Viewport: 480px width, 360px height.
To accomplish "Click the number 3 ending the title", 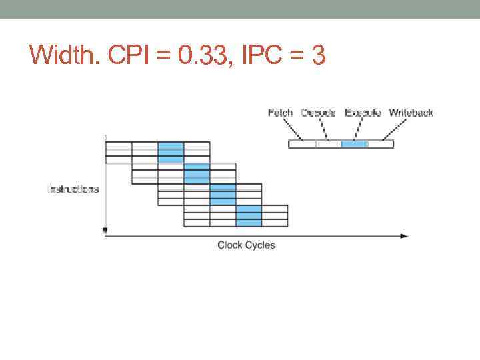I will click(x=318, y=55).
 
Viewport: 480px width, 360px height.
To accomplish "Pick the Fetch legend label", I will click(x=280, y=113).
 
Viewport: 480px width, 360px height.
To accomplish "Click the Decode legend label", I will click(x=319, y=113).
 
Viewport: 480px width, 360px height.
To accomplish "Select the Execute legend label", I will click(x=363, y=113).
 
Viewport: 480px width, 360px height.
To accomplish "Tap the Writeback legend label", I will click(x=411, y=113).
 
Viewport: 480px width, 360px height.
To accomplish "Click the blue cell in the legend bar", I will click(x=354, y=144).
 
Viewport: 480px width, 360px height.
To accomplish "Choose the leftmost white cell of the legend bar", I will click(x=301, y=144).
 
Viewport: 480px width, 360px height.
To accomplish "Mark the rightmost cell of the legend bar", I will click(x=380, y=144).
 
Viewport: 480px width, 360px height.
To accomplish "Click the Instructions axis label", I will click(x=73, y=189).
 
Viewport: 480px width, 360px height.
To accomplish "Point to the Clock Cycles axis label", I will click(x=246, y=245).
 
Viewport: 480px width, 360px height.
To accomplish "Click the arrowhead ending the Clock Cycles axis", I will click(x=403, y=235).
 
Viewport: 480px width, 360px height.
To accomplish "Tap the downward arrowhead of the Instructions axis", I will click(x=105, y=231).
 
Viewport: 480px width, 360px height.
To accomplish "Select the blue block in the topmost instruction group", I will click(x=171, y=152).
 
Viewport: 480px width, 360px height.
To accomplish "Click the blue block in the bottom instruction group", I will click(x=249, y=216).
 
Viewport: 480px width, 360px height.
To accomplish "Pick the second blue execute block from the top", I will click(x=197, y=173).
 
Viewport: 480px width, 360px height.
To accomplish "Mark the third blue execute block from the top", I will click(x=223, y=195).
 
